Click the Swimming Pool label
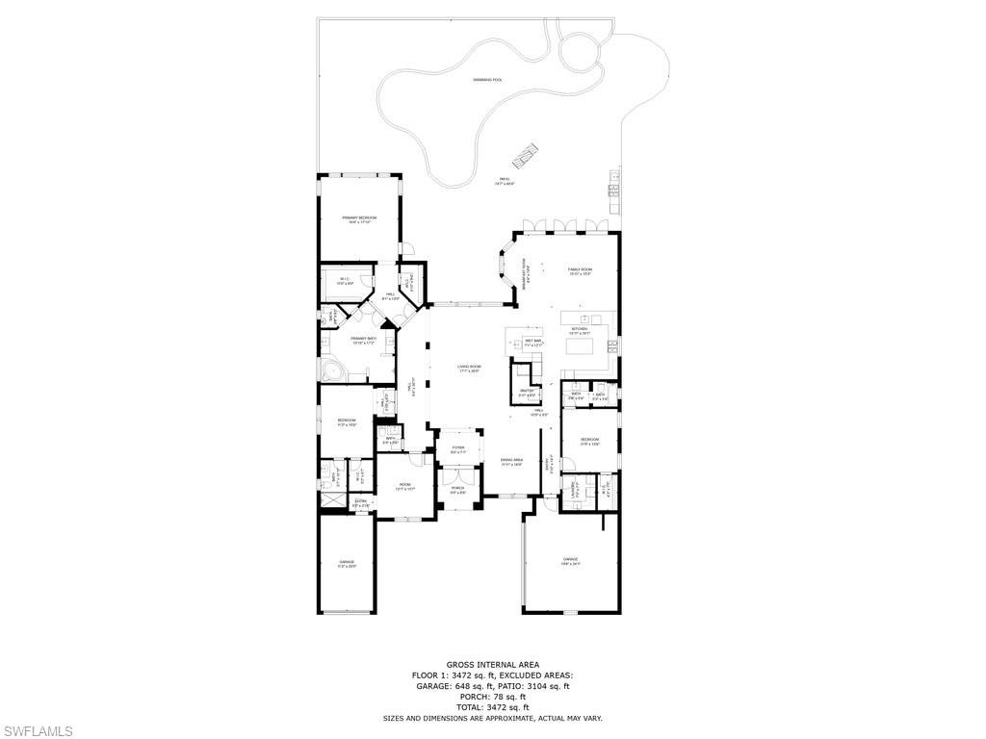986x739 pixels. (487, 80)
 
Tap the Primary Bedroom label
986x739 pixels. (359, 220)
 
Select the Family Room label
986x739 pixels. (579, 271)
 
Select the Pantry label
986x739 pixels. (527, 393)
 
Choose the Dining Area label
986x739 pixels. (511, 462)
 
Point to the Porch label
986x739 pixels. (457, 489)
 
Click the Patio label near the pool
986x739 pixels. (505, 181)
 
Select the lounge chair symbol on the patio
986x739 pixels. (525, 152)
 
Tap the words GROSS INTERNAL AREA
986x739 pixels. (492, 665)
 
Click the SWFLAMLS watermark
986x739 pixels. (37, 731)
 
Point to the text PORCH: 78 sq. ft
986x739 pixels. (492, 697)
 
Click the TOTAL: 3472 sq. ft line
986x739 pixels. (492, 707)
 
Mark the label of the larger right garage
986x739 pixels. (571, 561)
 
